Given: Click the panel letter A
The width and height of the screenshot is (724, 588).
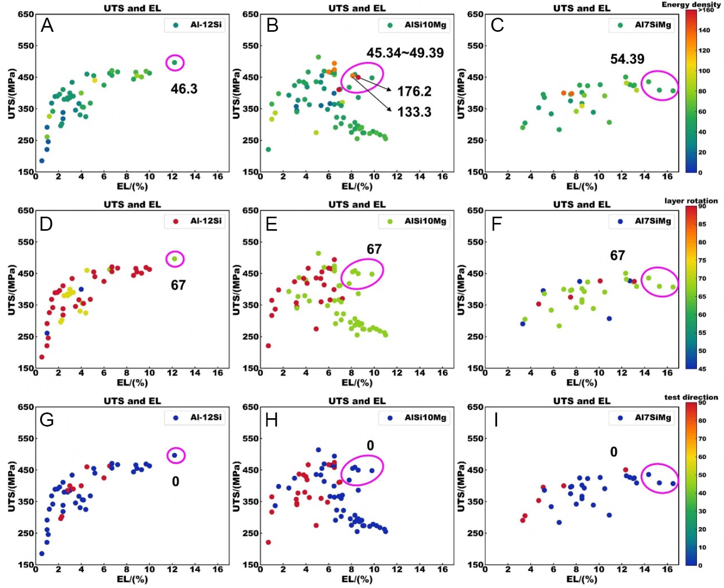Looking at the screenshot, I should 47,25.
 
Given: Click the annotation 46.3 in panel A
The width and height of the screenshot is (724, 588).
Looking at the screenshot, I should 184,89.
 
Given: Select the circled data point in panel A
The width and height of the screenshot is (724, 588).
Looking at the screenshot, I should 175,62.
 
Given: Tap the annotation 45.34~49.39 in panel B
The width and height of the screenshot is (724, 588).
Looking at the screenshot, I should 405,53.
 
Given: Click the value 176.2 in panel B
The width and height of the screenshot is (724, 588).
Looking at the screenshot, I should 414,92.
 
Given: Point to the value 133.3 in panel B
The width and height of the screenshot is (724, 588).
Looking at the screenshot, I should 414,112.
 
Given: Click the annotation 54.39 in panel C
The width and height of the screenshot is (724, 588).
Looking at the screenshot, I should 627,59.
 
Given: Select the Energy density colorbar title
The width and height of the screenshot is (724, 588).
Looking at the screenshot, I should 691,5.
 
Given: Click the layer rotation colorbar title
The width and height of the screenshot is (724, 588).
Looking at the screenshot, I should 691,201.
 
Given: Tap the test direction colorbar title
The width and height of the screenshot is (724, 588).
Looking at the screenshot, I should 691,397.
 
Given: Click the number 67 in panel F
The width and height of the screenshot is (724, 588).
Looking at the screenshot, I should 617,256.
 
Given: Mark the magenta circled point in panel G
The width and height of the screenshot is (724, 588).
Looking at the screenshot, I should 175,455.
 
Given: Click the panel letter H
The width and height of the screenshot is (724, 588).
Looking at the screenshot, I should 272,420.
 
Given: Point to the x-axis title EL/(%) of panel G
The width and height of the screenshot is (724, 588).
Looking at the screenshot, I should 132,579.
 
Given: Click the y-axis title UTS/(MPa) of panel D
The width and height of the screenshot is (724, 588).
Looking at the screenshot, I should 11,290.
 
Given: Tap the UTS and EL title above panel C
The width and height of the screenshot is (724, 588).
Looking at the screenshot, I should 581,8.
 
